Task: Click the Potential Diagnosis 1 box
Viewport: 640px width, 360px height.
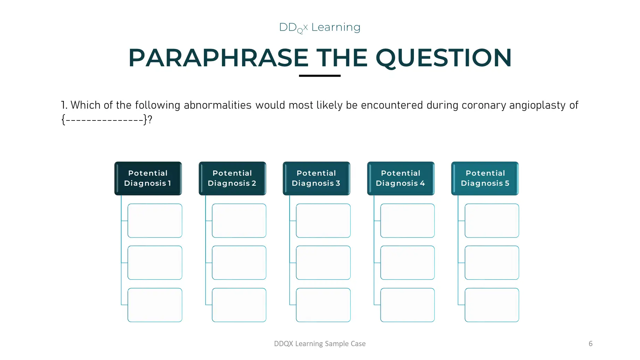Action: click(x=148, y=178)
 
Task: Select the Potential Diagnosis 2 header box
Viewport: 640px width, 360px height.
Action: click(x=232, y=178)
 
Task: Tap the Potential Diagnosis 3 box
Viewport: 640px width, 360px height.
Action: click(x=316, y=178)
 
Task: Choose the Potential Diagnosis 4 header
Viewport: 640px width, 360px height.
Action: click(x=401, y=178)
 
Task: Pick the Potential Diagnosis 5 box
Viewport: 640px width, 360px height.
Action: click(x=485, y=178)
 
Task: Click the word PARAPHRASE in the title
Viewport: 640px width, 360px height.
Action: click(x=218, y=58)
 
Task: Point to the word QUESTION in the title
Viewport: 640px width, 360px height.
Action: click(x=443, y=58)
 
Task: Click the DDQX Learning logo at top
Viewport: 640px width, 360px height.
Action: click(x=319, y=27)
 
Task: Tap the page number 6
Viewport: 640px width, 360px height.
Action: click(x=590, y=344)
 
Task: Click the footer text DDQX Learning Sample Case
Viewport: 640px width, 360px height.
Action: click(x=319, y=344)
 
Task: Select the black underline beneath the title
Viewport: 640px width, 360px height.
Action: click(x=319, y=75)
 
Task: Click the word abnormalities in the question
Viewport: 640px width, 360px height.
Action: click(x=217, y=105)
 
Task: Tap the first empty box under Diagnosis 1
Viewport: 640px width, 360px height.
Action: click(x=155, y=220)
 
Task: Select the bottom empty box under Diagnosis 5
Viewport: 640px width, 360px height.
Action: click(x=492, y=305)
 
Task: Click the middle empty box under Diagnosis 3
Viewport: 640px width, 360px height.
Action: click(x=323, y=262)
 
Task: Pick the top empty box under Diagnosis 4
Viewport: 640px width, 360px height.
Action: click(x=407, y=220)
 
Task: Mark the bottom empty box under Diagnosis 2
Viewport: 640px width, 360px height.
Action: click(x=239, y=305)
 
